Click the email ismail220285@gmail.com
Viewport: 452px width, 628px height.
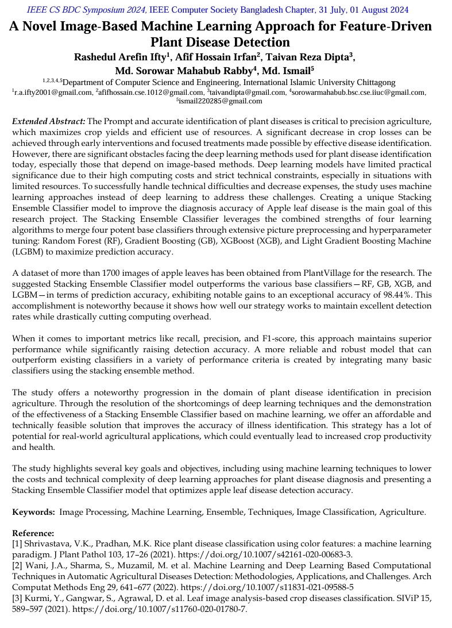[221, 101]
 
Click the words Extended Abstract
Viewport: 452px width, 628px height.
[49, 121]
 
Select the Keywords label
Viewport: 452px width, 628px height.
[33, 512]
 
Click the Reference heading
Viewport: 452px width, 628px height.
[33, 533]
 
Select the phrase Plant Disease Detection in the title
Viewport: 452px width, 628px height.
[220, 43]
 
